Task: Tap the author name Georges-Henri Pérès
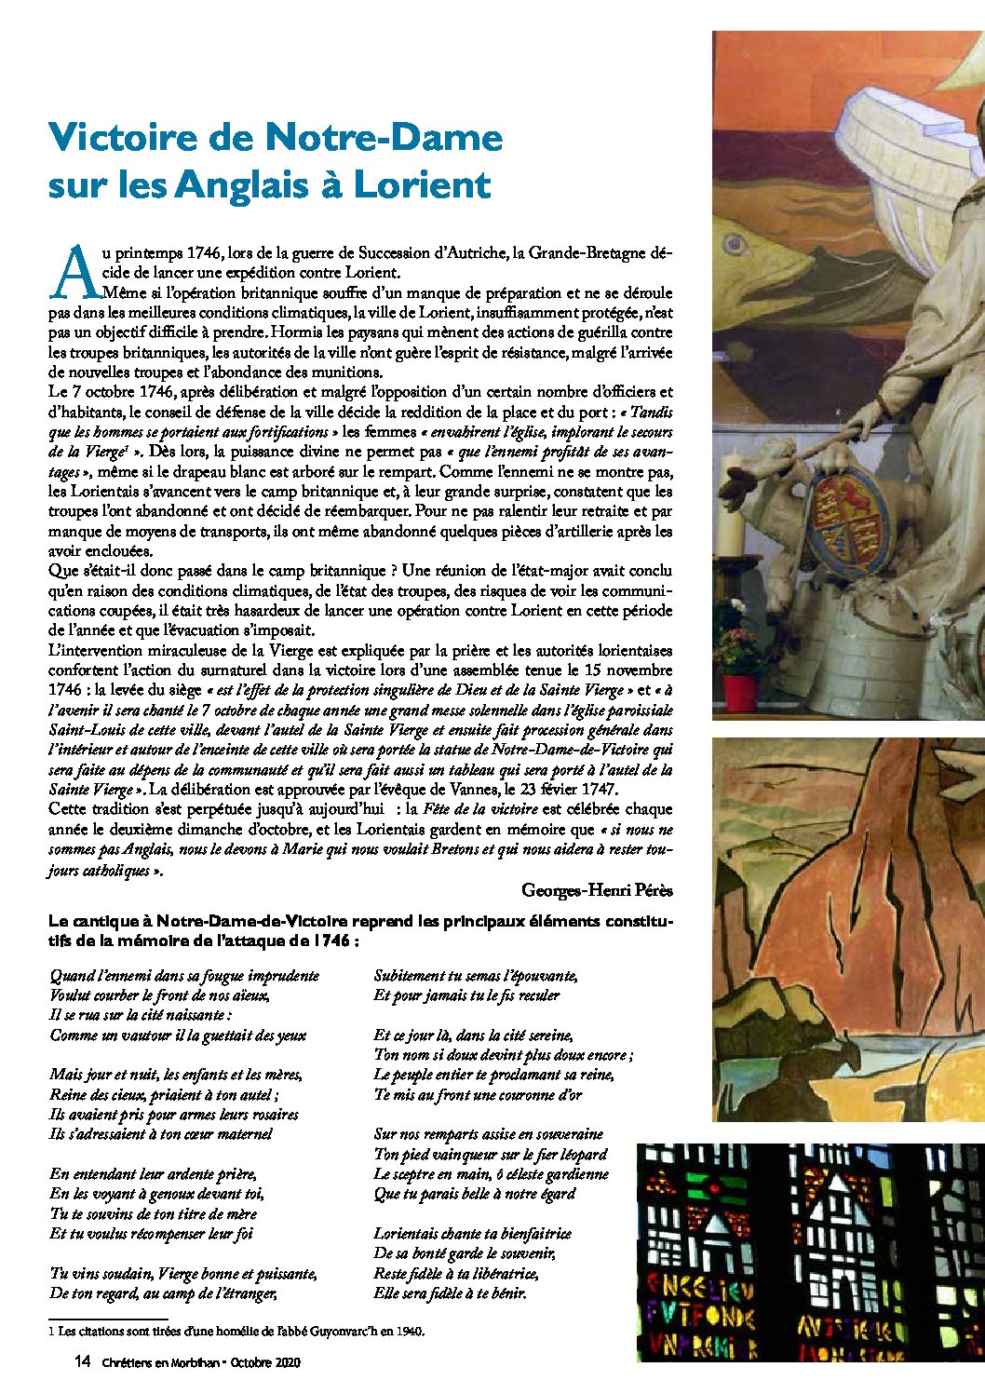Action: pyautogui.click(x=597, y=890)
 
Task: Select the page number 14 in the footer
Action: pyautogui.click(x=82, y=1361)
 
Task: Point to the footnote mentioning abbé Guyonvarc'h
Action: pyautogui.click(x=240, y=1332)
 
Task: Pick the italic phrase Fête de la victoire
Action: pyautogui.click(x=480, y=809)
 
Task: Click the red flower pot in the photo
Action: pyautogui.click(x=740, y=693)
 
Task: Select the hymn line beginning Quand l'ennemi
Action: pyautogui.click(x=184, y=976)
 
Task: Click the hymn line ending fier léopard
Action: pyautogui.click(x=490, y=1155)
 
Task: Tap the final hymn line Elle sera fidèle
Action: pyautogui.click(x=450, y=1293)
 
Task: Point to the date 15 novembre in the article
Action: pyautogui.click(x=627, y=670)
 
